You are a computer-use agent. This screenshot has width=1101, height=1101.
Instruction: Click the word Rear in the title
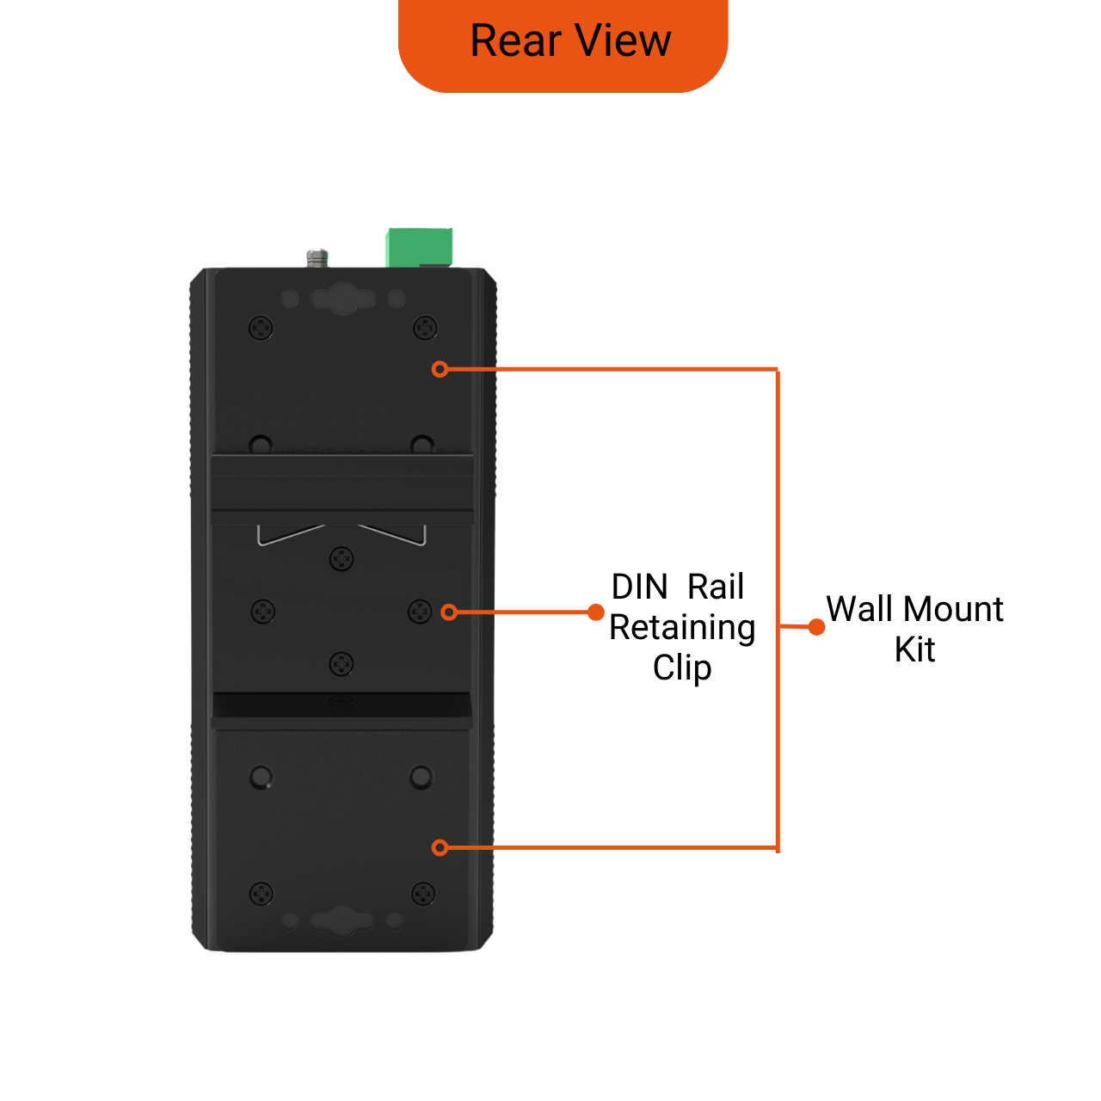514,41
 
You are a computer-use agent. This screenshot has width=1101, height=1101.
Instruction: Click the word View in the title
623,41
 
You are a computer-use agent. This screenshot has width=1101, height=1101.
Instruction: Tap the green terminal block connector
419,247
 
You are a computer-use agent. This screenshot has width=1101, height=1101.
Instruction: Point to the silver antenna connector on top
317,257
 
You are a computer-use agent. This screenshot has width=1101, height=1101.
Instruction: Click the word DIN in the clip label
639,587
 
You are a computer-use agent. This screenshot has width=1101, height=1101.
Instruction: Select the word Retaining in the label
682,628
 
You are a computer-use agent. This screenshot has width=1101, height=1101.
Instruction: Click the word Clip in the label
682,667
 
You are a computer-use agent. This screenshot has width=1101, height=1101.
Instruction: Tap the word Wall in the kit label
859,609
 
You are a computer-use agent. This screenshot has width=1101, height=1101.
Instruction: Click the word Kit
914,649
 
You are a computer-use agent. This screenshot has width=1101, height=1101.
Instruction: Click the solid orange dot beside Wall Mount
817,627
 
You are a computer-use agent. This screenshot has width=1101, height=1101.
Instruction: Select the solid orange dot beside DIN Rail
595,612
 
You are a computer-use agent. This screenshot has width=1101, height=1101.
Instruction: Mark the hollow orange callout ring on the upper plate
440,369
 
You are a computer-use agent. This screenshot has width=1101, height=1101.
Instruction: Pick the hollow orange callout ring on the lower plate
440,848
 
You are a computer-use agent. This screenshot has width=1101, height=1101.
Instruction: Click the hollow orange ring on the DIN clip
448,612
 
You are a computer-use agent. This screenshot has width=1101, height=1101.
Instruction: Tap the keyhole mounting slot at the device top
342,298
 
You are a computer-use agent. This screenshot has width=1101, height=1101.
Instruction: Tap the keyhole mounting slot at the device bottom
342,921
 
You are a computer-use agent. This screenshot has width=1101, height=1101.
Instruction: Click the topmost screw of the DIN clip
341,559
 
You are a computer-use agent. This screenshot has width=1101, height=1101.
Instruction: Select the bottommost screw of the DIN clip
341,664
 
